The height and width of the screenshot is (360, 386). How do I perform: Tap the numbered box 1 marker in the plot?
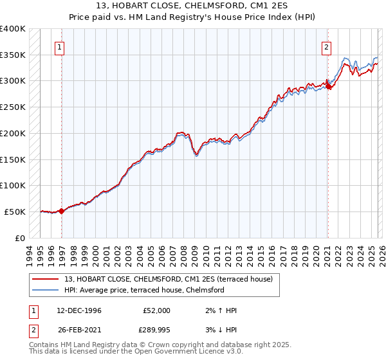pyautogui.click(x=59, y=46)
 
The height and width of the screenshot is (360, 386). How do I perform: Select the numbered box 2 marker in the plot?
pyautogui.click(x=327, y=46)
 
